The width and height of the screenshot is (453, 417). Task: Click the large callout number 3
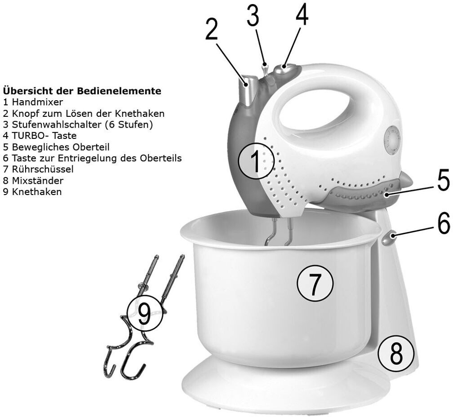coord(253,17)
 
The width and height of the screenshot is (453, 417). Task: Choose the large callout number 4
coord(302,16)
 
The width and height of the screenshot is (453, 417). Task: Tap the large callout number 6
coord(443,223)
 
